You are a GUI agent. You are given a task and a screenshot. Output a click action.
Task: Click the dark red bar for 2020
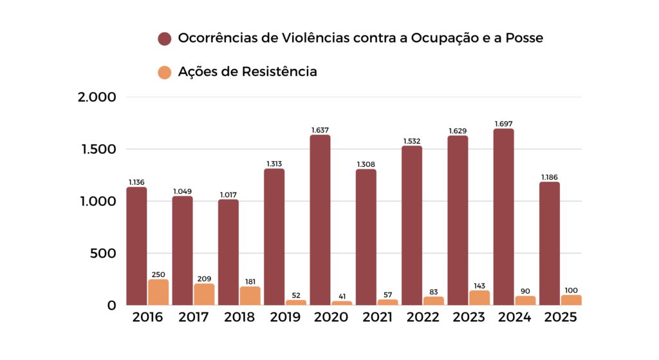[x=320, y=220]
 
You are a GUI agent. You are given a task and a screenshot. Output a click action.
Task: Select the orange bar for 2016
[x=158, y=292]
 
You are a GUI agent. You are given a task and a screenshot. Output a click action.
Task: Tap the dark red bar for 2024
[x=503, y=216]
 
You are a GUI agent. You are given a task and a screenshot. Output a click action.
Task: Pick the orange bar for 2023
[x=479, y=298]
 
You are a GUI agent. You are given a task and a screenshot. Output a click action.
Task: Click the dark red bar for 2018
[x=228, y=252]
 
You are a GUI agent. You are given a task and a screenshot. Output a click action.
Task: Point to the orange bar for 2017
[x=204, y=294]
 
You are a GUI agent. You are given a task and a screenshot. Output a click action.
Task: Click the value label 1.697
[x=503, y=124]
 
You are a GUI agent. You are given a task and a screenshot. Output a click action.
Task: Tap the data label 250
[x=158, y=274]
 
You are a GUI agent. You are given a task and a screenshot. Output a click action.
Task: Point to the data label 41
[x=342, y=296]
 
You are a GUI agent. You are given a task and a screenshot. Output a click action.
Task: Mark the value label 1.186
[x=549, y=177]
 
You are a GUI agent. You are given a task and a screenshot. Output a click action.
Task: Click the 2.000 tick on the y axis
[x=97, y=97]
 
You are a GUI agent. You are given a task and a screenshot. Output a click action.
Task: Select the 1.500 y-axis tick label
[x=97, y=149]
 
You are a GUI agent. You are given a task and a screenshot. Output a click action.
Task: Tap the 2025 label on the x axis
[x=561, y=317]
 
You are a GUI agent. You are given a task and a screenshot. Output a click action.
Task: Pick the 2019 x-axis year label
[x=285, y=317]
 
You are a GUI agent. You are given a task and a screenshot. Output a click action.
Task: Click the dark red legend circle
[x=165, y=39]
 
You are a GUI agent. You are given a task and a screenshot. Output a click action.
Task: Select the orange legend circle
[x=165, y=72]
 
